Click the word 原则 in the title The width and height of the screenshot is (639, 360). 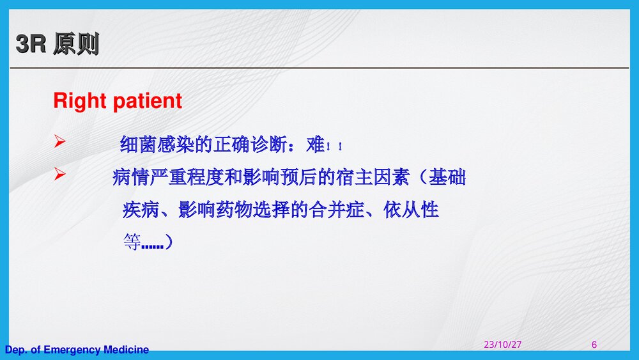click(76, 45)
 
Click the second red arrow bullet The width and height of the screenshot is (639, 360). click(59, 174)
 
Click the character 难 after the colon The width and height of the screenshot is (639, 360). click(316, 145)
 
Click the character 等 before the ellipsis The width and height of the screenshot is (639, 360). click(132, 242)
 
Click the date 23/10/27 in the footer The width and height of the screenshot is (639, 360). click(502, 345)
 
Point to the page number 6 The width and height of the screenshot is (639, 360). click(594, 345)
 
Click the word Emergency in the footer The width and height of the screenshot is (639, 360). click(72, 350)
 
